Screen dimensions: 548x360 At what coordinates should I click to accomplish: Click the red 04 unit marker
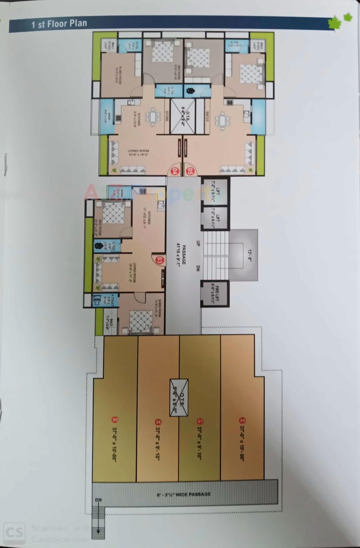[x=175, y=171]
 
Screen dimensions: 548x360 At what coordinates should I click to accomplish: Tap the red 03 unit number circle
[x=160, y=260]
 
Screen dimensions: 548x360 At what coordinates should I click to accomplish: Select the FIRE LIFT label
[x=215, y=293]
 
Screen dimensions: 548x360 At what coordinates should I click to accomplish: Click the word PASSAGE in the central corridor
[x=184, y=254]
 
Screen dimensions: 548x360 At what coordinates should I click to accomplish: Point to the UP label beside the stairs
[x=197, y=243]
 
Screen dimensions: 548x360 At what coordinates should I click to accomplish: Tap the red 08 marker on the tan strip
[x=242, y=420]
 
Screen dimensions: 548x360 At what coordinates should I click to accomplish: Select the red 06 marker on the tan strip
[x=158, y=422]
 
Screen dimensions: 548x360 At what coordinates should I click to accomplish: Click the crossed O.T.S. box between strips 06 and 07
[x=179, y=398]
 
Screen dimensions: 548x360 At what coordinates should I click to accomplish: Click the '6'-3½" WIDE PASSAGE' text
[x=184, y=494]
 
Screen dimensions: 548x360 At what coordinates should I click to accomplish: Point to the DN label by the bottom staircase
[x=98, y=500]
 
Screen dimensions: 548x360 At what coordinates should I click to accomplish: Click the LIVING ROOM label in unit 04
[x=138, y=152]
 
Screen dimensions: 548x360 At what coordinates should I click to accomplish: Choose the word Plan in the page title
[x=78, y=24]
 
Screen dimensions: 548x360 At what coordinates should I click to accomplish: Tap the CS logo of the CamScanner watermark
[x=15, y=532]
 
